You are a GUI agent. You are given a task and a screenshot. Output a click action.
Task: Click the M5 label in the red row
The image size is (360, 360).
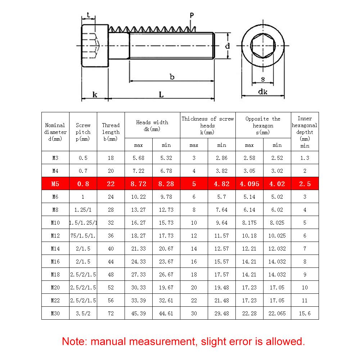tap(55, 184)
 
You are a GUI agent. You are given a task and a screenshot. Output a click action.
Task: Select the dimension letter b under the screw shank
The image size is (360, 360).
tap(172, 77)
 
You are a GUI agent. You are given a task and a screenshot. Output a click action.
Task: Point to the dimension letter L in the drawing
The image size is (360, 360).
tap(162, 95)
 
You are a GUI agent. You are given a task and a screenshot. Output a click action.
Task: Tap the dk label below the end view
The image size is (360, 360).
tap(263, 92)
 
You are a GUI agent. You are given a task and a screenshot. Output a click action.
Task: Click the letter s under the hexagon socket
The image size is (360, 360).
tap(263, 79)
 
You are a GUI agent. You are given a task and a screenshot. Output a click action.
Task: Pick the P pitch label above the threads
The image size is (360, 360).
tap(192, 15)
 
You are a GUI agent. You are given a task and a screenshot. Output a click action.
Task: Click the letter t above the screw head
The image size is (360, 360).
tap(88, 15)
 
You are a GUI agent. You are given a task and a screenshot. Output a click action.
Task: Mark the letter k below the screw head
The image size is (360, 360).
tap(95, 95)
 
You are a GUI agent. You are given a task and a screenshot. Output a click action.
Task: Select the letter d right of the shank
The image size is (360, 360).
tap(228, 46)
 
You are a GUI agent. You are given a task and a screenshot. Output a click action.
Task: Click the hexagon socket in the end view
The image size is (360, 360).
tap(263, 46)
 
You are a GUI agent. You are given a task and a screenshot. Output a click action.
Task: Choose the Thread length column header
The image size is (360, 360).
tap(111, 132)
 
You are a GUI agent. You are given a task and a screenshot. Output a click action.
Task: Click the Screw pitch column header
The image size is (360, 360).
tap(83, 132)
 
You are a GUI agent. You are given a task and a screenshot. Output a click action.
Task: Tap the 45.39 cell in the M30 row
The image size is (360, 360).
tap(138, 314)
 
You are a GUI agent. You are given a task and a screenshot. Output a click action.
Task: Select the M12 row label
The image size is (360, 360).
tap(55, 236)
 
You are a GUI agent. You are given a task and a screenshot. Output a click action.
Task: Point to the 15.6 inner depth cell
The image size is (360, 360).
tap(305, 314)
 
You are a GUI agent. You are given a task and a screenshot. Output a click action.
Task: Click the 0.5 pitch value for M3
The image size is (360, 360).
tap(83, 158)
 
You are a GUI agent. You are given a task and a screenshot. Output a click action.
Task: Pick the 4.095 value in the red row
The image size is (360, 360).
tap(249, 184)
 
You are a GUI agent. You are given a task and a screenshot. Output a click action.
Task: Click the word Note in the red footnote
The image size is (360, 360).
tap(74, 341)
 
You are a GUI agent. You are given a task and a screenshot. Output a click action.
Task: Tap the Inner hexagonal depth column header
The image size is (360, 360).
tap(305, 132)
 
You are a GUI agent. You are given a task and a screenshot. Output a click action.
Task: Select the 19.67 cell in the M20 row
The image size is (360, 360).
tap(166, 288)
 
